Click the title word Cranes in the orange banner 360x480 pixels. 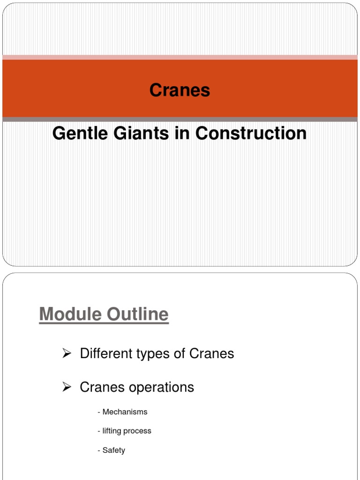point(180,90)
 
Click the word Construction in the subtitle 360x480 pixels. point(251,134)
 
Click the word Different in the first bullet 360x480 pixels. point(106,353)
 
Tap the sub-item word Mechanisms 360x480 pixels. point(125,412)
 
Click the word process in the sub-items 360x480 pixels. point(140,431)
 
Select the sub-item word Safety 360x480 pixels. point(114,450)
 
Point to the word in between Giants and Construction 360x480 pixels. point(181,134)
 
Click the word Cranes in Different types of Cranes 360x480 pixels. point(211,353)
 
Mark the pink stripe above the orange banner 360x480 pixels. point(180,57)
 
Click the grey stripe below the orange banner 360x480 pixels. point(180,120)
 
